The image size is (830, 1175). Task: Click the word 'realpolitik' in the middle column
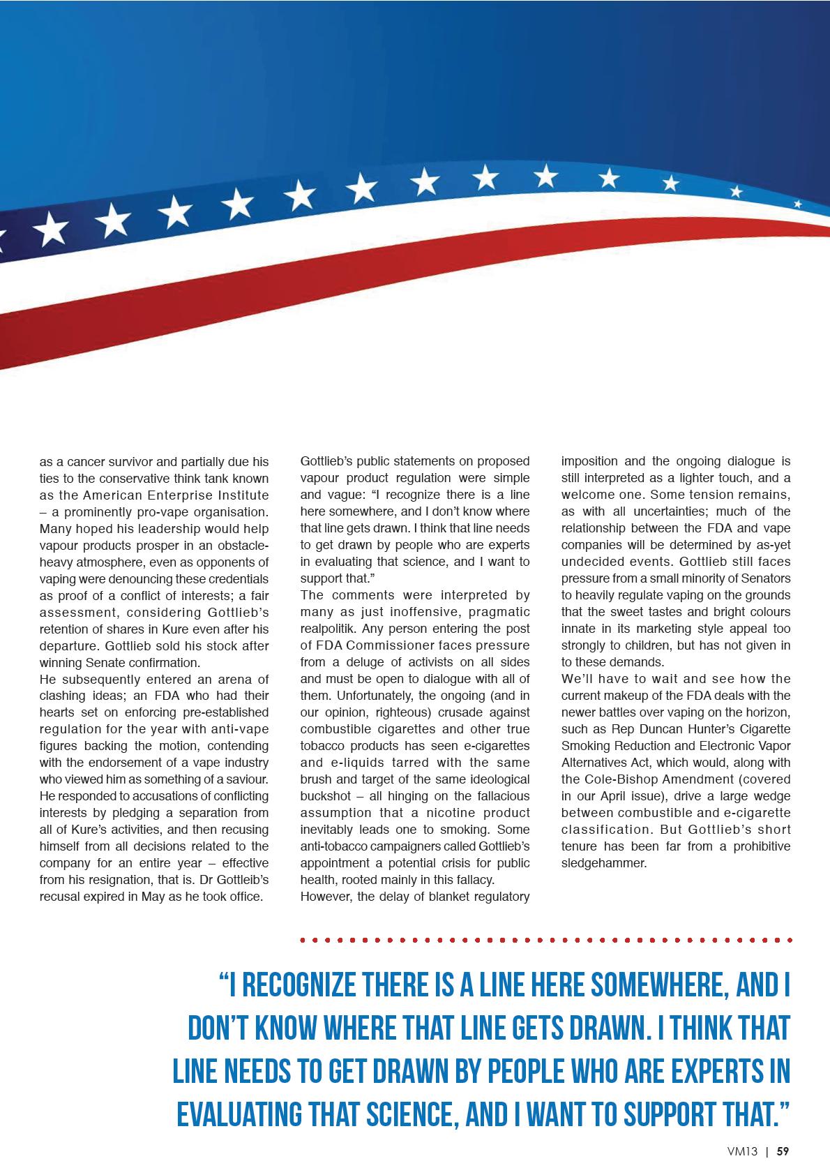[x=327, y=629]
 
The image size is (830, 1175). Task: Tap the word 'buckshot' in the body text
[x=326, y=796]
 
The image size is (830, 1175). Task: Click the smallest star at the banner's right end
[x=798, y=204]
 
